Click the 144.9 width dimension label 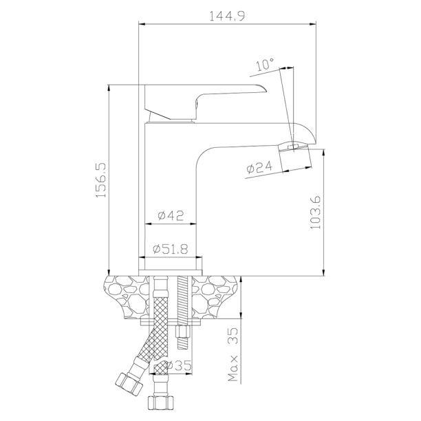point(227,16)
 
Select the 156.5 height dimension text point(101,180)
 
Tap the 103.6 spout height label point(316,213)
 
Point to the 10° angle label point(266,65)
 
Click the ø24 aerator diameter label point(259,168)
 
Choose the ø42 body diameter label point(171,215)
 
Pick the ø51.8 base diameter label point(171,249)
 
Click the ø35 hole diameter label point(178,365)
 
